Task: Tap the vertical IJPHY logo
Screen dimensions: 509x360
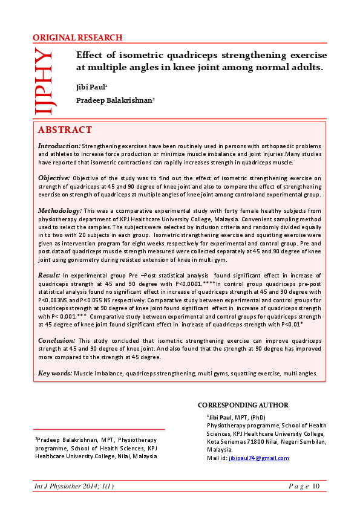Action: (x=44, y=81)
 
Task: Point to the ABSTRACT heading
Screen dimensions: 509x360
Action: (x=65, y=130)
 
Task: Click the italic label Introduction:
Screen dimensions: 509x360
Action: (x=59, y=146)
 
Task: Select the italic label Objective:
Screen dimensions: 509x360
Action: (x=54, y=178)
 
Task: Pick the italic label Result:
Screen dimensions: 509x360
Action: (x=49, y=274)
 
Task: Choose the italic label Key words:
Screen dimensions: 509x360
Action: (x=55, y=373)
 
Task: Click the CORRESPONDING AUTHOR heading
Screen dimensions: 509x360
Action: (x=243, y=405)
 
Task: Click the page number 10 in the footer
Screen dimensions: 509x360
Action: (x=316, y=487)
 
